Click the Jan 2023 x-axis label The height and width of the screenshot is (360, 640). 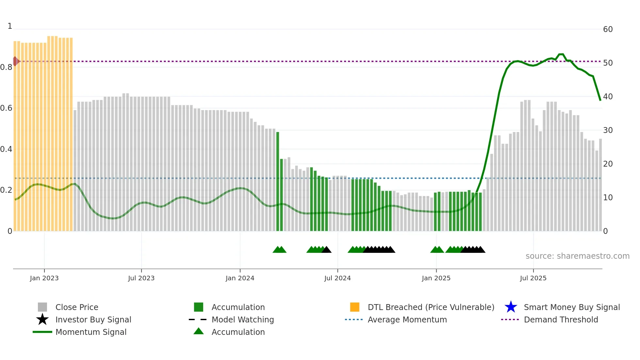point(44,278)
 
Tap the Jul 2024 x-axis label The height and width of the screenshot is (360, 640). point(337,278)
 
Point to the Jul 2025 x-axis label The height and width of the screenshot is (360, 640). point(533,278)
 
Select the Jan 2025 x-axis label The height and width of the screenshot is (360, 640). point(436,278)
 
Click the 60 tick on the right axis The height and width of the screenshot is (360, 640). point(608,29)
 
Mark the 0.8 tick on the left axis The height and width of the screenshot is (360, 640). point(6,67)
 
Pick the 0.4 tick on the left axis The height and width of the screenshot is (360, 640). point(6,149)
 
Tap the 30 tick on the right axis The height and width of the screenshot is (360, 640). point(608,130)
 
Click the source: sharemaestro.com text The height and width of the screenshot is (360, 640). point(577,256)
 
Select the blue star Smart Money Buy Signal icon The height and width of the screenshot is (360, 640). point(511,307)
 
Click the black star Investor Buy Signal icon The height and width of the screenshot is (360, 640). point(42,319)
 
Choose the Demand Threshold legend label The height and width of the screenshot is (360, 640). point(561,319)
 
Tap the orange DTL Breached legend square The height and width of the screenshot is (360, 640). point(355,307)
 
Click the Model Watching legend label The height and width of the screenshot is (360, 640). point(243,319)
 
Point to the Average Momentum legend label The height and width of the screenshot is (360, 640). point(407,319)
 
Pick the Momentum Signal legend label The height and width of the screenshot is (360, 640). point(91,332)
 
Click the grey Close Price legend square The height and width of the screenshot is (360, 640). point(42,307)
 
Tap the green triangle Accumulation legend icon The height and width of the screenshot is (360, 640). point(199,331)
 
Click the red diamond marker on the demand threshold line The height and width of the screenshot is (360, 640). point(15,61)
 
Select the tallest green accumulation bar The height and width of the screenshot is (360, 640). point(278,182)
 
